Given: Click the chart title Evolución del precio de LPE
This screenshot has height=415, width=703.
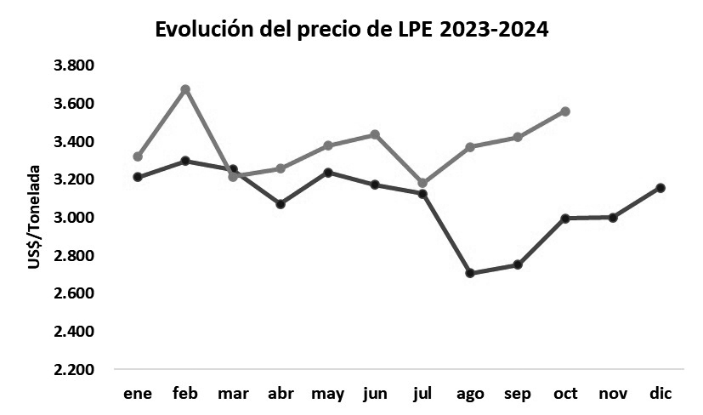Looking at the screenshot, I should [351, 30].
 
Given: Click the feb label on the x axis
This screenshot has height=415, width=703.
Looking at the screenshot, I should [185, 394].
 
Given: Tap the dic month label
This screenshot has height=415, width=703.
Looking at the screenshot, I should [660, 394].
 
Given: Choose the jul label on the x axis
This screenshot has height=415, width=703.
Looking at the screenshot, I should [422, 394].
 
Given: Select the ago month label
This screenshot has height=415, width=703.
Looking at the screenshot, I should [470, 394].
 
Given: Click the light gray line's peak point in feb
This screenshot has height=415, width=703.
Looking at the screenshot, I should [185, 89].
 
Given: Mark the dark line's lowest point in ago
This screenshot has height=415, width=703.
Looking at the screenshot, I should [470, 273].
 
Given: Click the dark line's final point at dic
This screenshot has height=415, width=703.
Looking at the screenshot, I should [660, 188].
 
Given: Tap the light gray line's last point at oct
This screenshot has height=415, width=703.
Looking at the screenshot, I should [565, 111].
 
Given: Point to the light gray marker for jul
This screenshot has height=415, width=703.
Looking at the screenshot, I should [422, 183].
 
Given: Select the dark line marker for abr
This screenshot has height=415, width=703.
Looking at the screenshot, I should [281, 204].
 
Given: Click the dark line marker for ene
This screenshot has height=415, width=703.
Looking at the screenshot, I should [138, 177].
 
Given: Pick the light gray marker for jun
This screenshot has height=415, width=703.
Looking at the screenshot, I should [375, 134].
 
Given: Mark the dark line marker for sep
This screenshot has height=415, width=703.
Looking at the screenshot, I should [518, 264].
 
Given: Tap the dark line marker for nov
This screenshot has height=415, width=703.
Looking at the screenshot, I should [613, 217].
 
